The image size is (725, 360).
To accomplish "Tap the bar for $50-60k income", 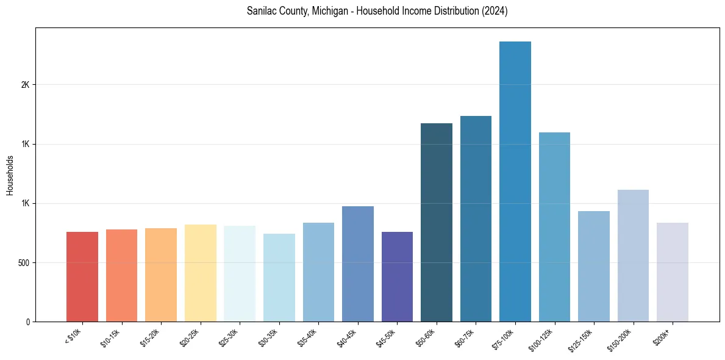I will tap(437, 222).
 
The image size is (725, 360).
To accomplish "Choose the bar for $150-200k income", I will tap(633, 256).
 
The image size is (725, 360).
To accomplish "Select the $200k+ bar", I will tap(673, 272).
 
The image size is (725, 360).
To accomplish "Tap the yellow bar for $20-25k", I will tap(201, 273).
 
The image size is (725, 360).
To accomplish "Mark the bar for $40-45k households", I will tap(358, 264).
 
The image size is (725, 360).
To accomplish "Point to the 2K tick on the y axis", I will tap(26, 85).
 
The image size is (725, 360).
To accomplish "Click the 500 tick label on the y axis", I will tap(23, 263).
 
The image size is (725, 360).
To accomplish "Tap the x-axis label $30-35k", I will tap(269, 338).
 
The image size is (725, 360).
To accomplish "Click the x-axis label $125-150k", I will tap(582, 340).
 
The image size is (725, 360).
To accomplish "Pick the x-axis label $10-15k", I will tap(111, 338).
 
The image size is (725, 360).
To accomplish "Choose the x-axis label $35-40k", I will tap(308, 338).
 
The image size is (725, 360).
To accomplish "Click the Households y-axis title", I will tap(10, 175).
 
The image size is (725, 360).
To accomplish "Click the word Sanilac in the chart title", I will tap(261, 12).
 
